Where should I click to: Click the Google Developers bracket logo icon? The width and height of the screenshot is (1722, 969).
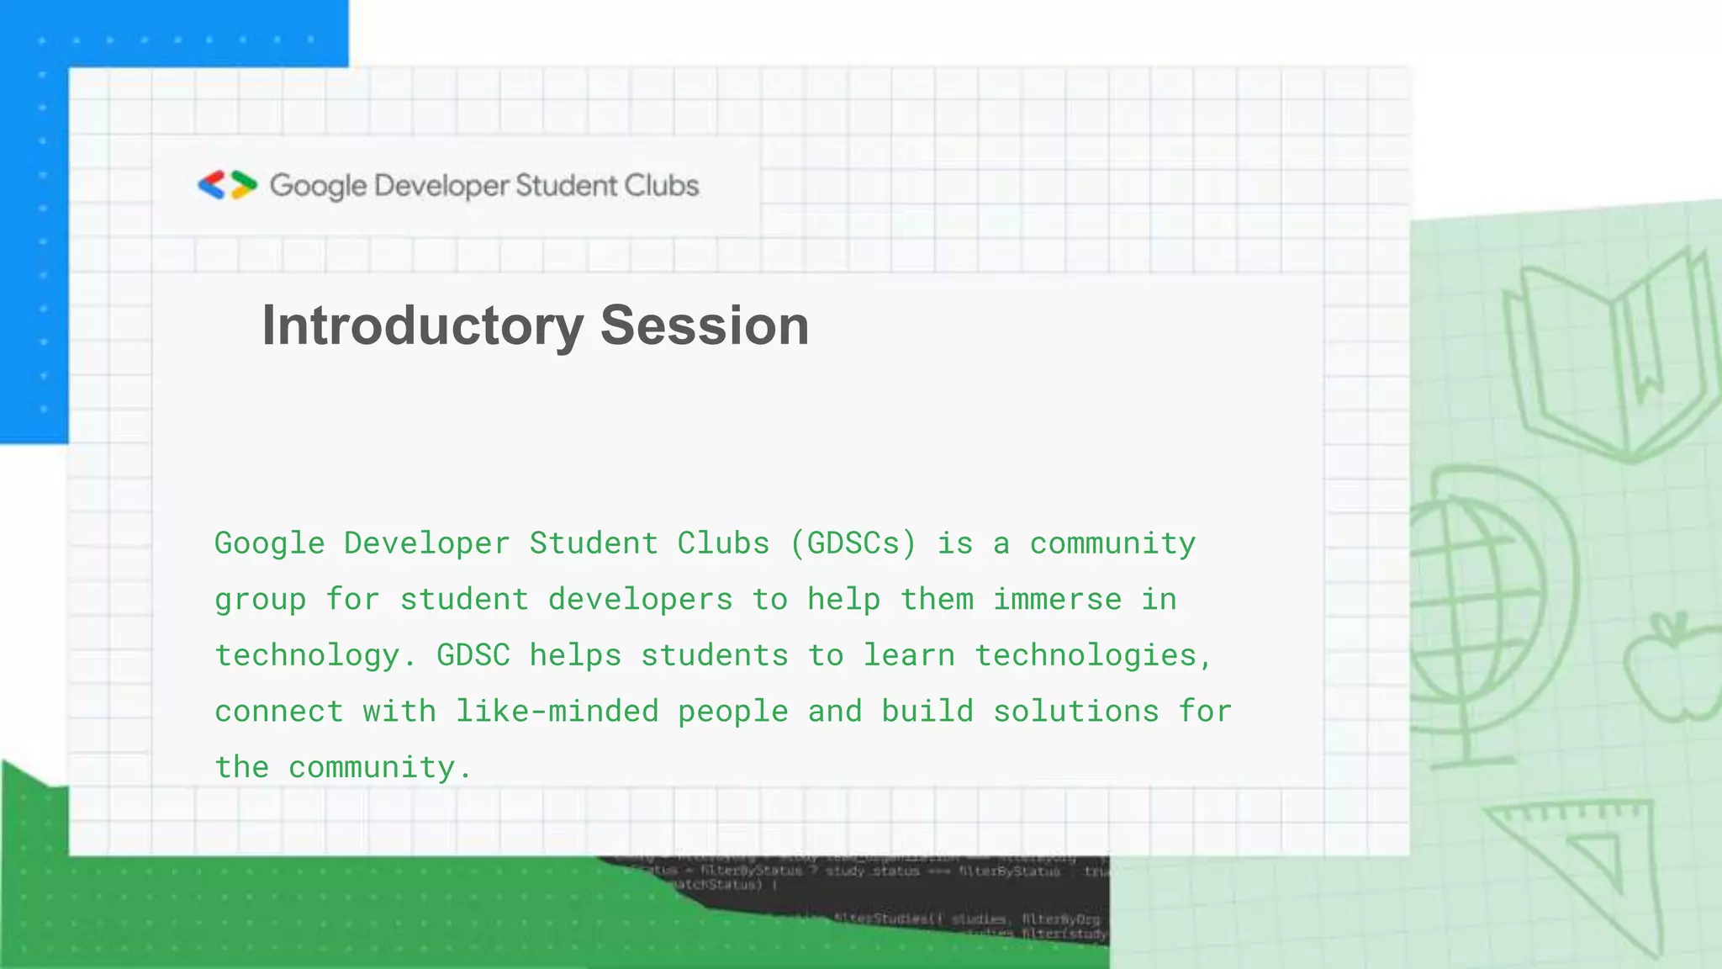pyautogui.click(x=227, y=185)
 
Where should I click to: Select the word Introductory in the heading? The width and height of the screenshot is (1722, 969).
pyautogui.click(x=423, y=326)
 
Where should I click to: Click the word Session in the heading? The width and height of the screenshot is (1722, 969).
pyautogui.click(x=705, y=326)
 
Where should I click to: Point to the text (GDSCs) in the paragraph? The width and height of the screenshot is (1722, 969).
pyautogui.click(x=853, y=543)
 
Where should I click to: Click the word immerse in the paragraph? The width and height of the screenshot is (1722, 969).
pyautogui.click(x=1058, y=600)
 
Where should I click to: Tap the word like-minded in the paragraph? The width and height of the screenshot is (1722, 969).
pyautogui.click(x=557, y=712)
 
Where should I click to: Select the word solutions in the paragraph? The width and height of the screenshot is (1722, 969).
pyautogui.click(x=1076, y=712)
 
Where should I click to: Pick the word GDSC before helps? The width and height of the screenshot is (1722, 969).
pyautogui.click(x=473, y=655)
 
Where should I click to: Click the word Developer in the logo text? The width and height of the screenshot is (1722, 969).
pyautogui.click(x=441, y=186)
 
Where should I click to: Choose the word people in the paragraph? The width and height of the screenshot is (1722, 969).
pyautogui.click(x=733, y=712)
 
